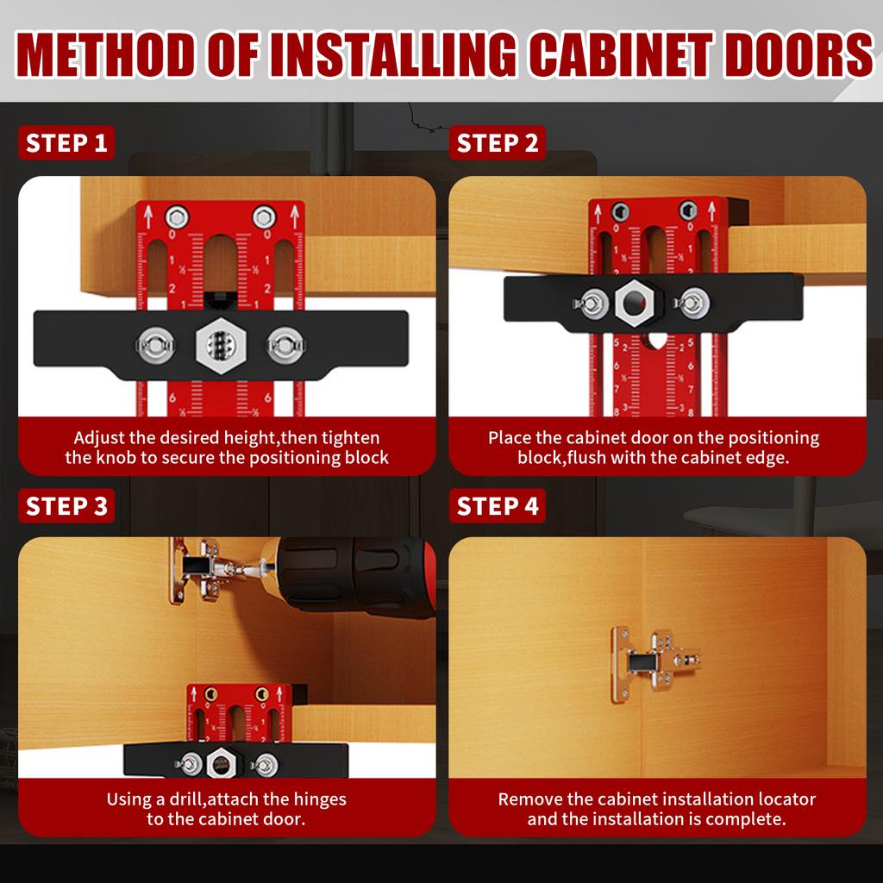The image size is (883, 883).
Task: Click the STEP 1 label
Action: click(66, 143)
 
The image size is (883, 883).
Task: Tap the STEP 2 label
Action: click(498, 143)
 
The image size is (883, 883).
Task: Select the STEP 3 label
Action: click(66, 506)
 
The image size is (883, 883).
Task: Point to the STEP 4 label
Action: click(498, 506)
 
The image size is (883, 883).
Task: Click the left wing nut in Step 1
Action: click(154, 345)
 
